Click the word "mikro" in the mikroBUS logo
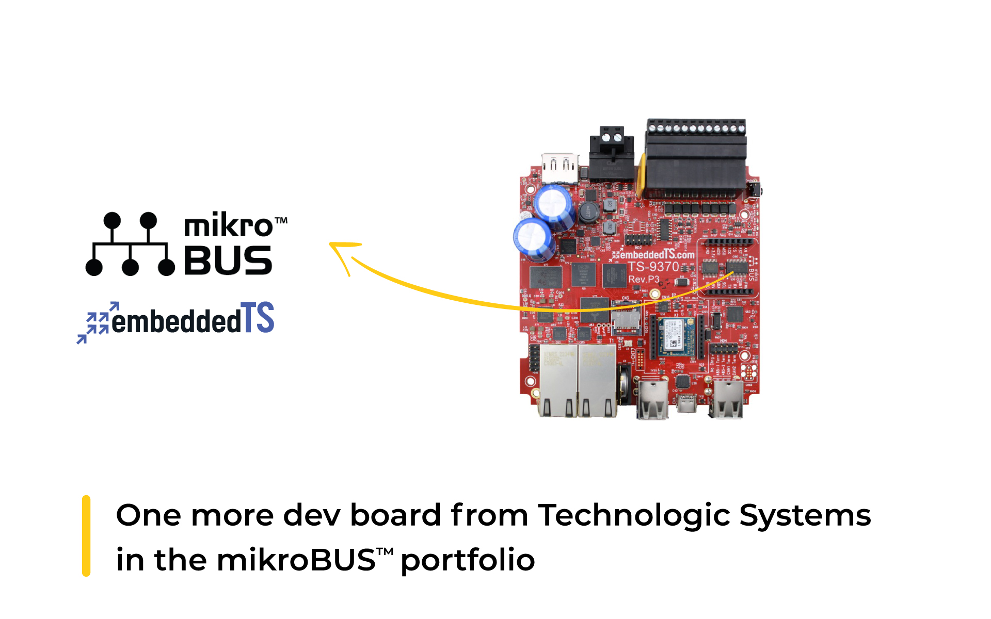tap(228, 226)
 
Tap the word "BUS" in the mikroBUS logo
tap(228, 260)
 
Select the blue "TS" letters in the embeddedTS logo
tap(258, 318)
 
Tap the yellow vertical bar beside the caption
tap(86, 535)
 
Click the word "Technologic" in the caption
tap(634, 516)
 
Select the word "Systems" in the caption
tap(805, 516)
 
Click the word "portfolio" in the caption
tap(468, 561)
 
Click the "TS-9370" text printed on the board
tap(653, 267)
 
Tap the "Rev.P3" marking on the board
tap(644, 279)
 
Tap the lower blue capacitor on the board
tap(534, 239)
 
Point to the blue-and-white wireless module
tap(676, 336)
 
